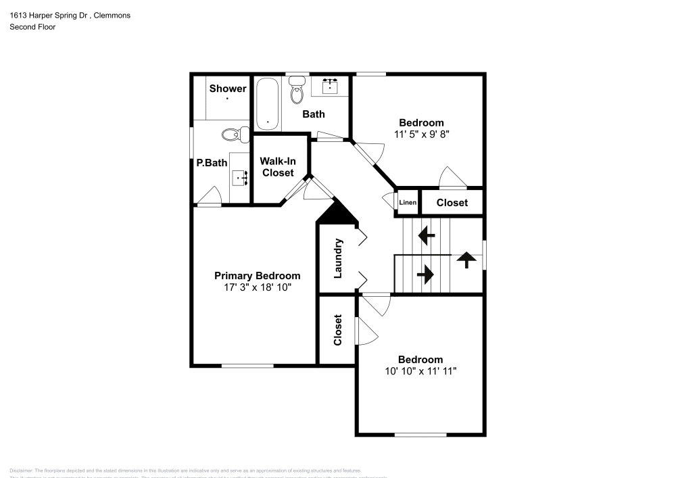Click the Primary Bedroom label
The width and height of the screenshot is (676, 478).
click(257, 276)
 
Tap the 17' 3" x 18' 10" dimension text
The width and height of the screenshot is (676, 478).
click(257, 287)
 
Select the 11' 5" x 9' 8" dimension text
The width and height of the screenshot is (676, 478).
click(421, 134)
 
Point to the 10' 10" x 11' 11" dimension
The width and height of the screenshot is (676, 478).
click(420, 371)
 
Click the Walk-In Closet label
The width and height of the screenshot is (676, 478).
click(278, 167)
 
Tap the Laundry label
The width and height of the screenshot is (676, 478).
click(339, 258)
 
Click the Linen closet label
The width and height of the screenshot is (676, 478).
click(408, 203)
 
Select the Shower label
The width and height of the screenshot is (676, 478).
click(228, 89)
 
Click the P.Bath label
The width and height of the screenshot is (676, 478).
click(212, 162)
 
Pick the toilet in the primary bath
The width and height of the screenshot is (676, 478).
click(231, 135)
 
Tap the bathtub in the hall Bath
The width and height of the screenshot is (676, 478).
click(268, 104)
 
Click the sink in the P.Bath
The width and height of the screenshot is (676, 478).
click(239, 177)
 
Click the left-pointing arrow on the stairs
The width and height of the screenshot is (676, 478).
click(426, 236)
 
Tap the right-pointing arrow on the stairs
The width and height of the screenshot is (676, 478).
click(425, 274)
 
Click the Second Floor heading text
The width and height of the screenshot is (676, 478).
click(32, 27)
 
